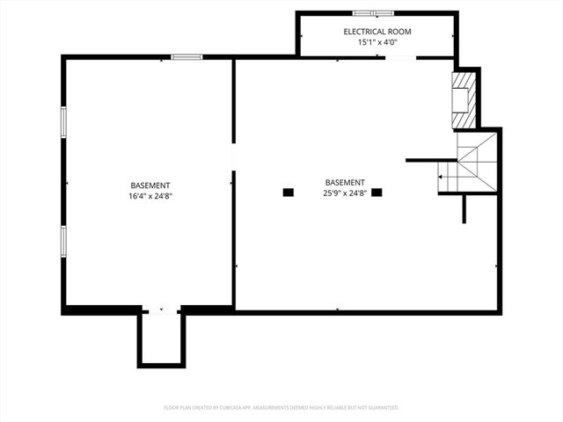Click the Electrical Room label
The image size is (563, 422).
click(377, 32)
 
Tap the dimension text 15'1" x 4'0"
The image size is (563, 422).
click(377, 42)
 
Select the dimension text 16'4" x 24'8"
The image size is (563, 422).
click(150, 196)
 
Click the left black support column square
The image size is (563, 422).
click(288, 192)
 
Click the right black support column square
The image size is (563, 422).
click(377, 192)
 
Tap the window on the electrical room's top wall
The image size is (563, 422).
click(374, 13)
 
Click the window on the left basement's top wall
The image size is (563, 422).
click(186, 57)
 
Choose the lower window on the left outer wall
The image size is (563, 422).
click(62, 240)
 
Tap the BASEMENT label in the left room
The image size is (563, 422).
click(150, 186)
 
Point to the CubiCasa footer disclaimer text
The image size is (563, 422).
click(281, 407)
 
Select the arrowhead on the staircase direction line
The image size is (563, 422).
click(441, 178)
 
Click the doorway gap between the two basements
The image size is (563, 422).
click(233, 156)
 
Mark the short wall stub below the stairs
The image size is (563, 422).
click(464, 208)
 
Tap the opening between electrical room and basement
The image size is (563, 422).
click(400, 58)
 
